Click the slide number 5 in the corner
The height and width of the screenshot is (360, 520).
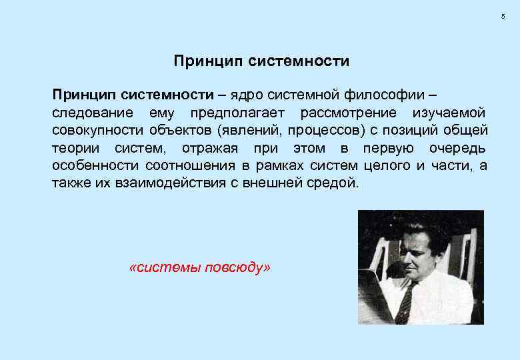(503, 15)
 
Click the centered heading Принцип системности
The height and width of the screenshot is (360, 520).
(261, 61)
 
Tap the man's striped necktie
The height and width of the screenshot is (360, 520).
(405, 303)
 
